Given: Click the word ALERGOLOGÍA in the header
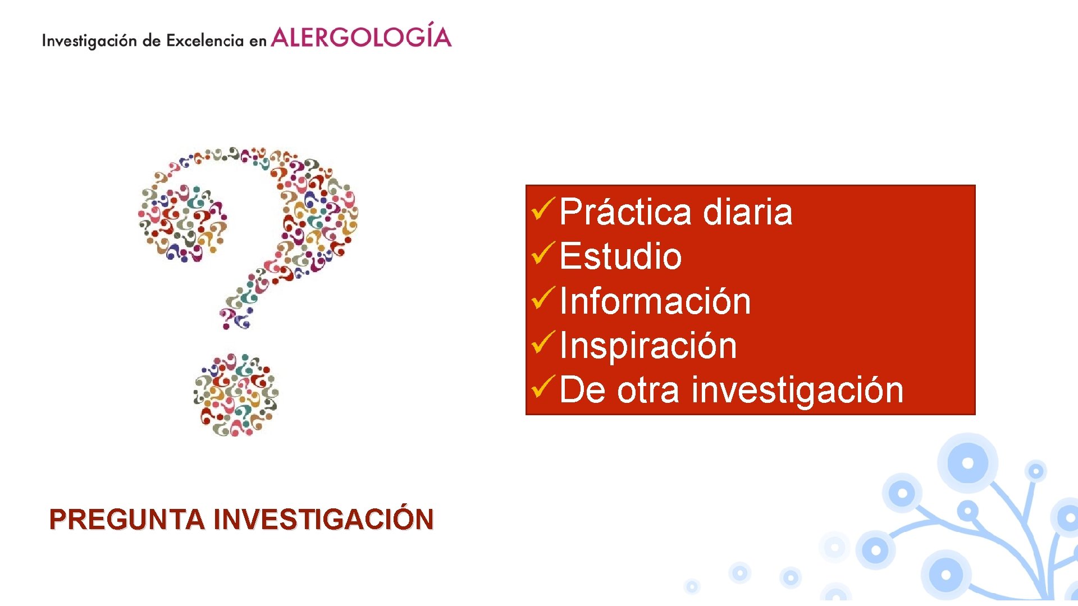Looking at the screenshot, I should coord(361,37).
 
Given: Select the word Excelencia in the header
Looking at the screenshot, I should coord(205,41).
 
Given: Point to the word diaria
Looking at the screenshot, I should coord(747,212).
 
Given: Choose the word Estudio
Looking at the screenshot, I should coord(620,256).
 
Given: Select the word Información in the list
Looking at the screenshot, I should coord(655,301).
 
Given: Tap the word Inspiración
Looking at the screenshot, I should coord(648,346).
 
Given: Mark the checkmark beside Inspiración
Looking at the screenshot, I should coord(543,342).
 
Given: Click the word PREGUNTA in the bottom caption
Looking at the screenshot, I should coord(127,520).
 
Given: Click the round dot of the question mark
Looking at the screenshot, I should coord(236,395).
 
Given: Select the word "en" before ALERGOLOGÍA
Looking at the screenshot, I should coord(258,42).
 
